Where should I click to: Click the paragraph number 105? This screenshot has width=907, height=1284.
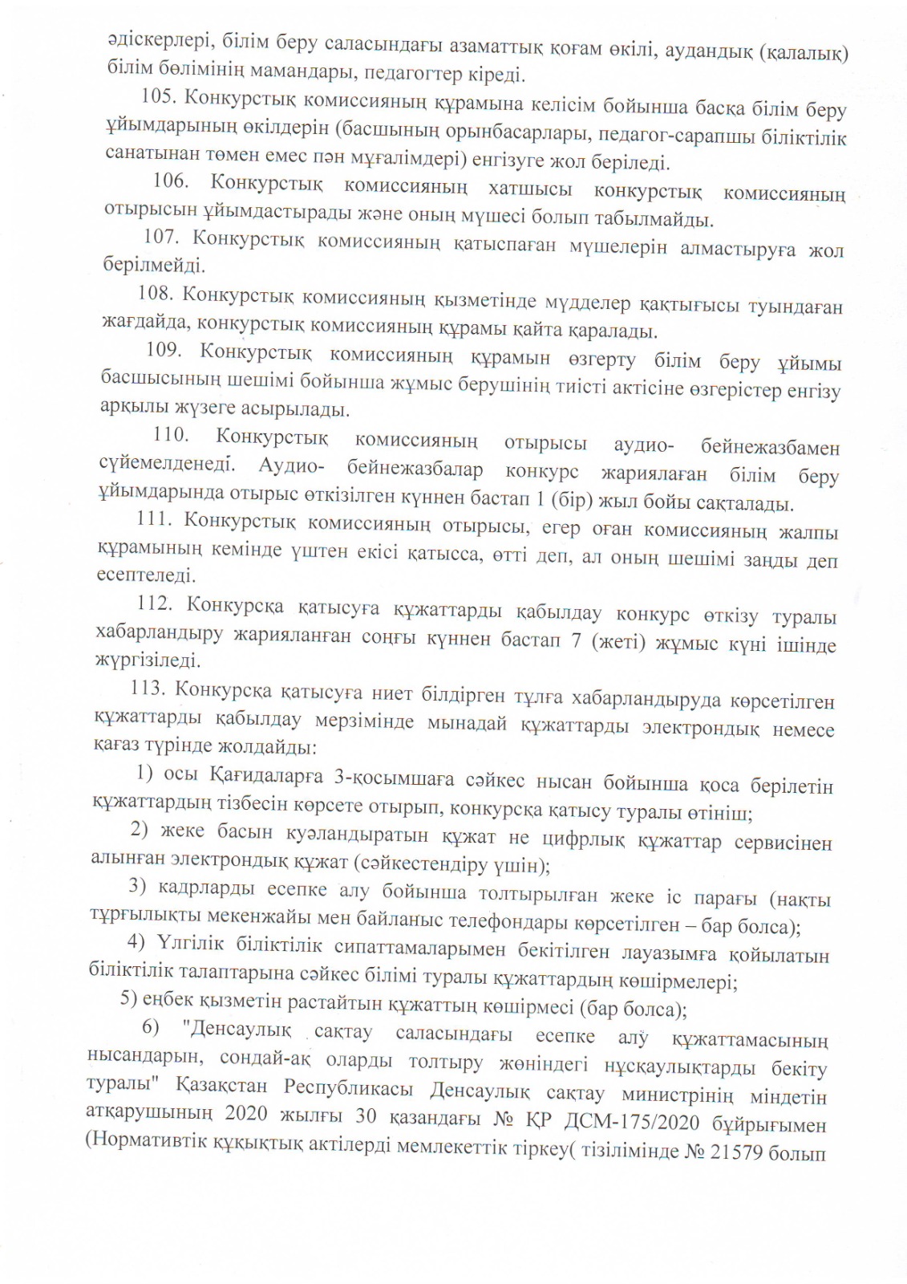click(158, 96)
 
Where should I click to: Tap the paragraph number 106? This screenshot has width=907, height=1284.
click(170, 181)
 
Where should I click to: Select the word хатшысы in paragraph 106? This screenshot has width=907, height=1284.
click(530, 189)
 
